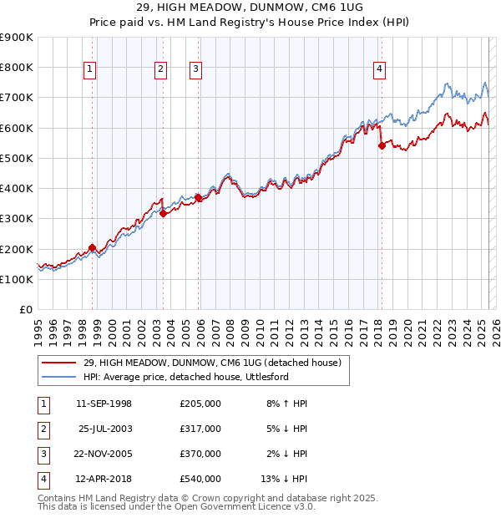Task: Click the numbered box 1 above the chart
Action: pyautogui.click(x=89, y=69)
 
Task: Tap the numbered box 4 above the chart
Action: pyautogui.click(x=379, y=69)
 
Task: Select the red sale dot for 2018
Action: pyautogui.click(x=382, y=145)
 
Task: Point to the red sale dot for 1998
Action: pyautogui.click(x=92, y=247)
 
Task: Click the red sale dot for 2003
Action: pyautogui.click(x=164, y=213)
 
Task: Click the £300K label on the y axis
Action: pyautogui.click(x=17, y=219)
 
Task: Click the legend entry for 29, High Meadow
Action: pyautogui.click(x=212, y=363)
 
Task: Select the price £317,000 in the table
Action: pyautogui.click(x=200, y=429)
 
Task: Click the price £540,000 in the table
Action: pyautogui.click(x=200, y=479)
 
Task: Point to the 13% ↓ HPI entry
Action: pyautogui.click(x=285, y=479)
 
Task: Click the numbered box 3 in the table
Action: pyautogui.click(x=41, y=454)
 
